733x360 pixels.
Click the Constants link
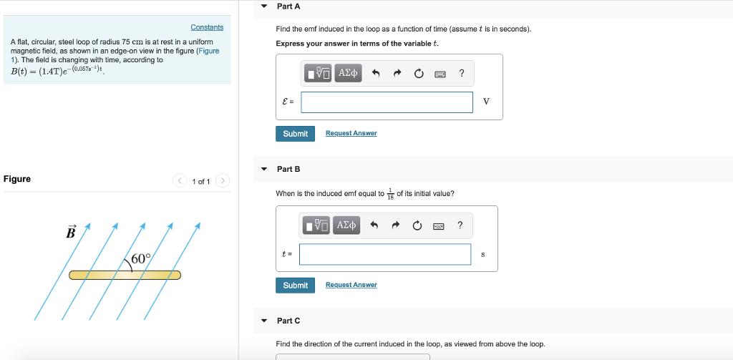[x=207, y=27]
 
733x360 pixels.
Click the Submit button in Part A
[x=295, y=134]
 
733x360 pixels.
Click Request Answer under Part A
[x=351, y=134]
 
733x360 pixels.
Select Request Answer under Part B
[x=351, y=286]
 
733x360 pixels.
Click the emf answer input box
[x=387, y=102]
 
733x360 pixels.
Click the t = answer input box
[x=385, y=254]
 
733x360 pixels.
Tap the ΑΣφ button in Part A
[x=348, y=73]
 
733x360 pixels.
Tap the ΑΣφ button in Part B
[x=346, y=225]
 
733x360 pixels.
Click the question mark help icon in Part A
[x=462, y=73]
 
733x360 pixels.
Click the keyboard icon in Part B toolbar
[x=439, y=226]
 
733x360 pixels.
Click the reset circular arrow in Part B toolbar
[x=417, y=226]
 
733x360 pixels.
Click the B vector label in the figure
[x=70, y=233]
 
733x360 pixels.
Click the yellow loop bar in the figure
[x=125, y=275]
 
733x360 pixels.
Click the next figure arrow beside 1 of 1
[x=223, y=181]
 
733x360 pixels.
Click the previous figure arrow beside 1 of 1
[x=180, y=181]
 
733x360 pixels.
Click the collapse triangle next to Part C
[x=263, y=321]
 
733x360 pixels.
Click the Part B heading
[x=288, y=169]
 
